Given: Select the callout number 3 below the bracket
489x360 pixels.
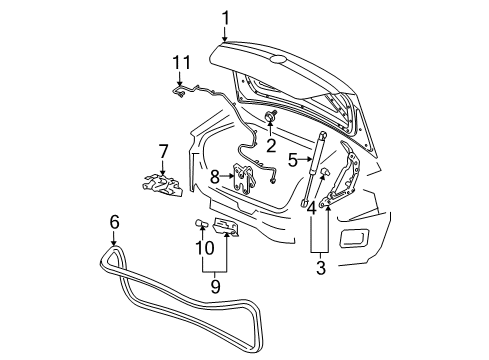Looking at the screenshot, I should pos(321,267).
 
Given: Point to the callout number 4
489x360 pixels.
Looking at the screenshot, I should pos(313,208).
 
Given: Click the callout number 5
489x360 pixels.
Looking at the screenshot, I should pos(292,158).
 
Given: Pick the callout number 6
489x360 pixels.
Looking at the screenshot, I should pos(114,222).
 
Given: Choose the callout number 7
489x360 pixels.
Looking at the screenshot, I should pos(163,151).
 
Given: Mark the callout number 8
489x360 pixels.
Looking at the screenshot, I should pos(214,176).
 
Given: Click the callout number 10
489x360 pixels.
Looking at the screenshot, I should pos(198,246).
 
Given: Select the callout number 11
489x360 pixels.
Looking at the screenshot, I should pos(181,64).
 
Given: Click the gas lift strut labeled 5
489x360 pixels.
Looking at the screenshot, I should pos(317,165).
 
